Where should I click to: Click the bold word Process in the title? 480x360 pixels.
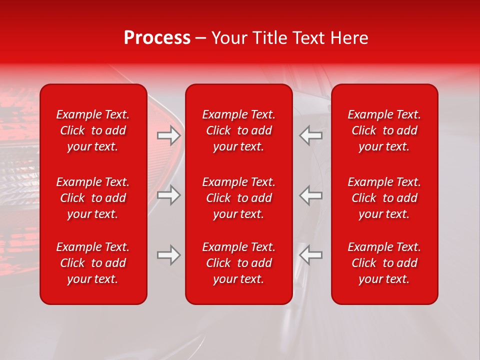pyautogui.click(x=157, y=38)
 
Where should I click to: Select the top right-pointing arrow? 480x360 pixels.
pyautogui.click(x=169, y=135)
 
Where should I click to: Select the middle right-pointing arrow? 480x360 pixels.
pyautogui.click(x=169, y=195)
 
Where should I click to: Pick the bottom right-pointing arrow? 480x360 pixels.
pyautogui.click(x=169, y=255)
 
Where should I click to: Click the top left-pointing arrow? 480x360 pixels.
pyautogui.click(x=310, y=135)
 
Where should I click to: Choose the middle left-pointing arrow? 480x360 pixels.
pyautogui.click(x=310, y=195)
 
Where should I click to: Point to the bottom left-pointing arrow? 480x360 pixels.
pyautogui.click(x=310, y=255)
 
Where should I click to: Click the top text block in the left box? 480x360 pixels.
pyautogui.click(x=93, y=130)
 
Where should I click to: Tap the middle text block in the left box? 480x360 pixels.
pyautogui.click(x=93, y=198)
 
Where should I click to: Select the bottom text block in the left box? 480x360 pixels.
pyautogui.click(x=93, y=263)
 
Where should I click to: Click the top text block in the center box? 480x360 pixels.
pyautogui.click(x=238, y=130)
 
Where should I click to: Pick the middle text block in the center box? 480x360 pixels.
pyautogui.click(x=238, y=198)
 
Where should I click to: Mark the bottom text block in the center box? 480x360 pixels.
pyautogui.click(x=238, y=263)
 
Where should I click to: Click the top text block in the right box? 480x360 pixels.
pyautogui.click(x=384, y=130)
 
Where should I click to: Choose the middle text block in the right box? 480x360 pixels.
pyautogui.click(x=384, y=198)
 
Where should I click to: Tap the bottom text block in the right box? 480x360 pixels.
pyautogui.click(x=384, y=263)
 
